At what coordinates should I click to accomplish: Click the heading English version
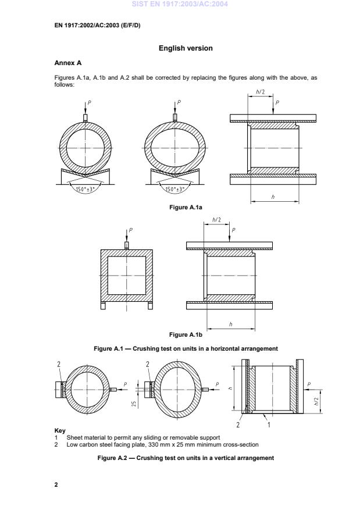tap(186, 48)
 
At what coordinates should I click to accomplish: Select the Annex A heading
tap(67, 63)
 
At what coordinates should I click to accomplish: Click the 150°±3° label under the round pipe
tap(85, 190)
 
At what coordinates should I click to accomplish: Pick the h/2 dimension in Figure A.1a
tap(260, 92)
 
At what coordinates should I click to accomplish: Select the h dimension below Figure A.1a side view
tap(273, 198)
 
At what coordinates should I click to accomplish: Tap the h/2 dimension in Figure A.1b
tap(216, 220)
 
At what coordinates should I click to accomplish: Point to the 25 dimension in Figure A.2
tap(134, 402)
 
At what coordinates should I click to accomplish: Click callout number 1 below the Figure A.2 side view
tap(268, 425)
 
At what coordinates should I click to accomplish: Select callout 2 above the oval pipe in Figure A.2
tap(148, 364)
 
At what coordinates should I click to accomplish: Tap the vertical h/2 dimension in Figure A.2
tap(317, 401)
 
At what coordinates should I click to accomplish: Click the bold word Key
tap(59, 431)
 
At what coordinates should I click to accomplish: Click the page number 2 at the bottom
tap(56, 484)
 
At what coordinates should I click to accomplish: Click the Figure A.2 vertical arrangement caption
tap(186, 458)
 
